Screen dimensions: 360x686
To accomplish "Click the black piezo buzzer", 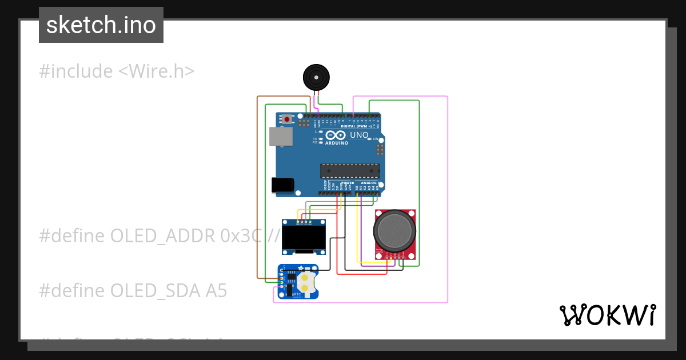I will [x=316, y=77].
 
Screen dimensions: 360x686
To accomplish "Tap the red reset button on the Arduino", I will [x=287, y=119].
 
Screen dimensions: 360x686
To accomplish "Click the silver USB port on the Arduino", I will [x=281, y=137].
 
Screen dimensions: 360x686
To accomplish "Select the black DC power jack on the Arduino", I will [x=282, y=184].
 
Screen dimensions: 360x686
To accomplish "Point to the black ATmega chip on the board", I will [x=350, y=171].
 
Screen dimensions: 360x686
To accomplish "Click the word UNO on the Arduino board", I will [x=359, y=135].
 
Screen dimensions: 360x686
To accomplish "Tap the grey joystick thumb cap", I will [x=394, y=229].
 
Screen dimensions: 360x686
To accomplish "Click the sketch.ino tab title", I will [x=101, y=25].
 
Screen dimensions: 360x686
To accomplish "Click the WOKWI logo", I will [x=608, y=315].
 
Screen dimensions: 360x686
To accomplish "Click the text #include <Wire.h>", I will [x=117, y=71].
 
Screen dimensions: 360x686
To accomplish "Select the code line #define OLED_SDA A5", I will [x=133, y=291].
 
